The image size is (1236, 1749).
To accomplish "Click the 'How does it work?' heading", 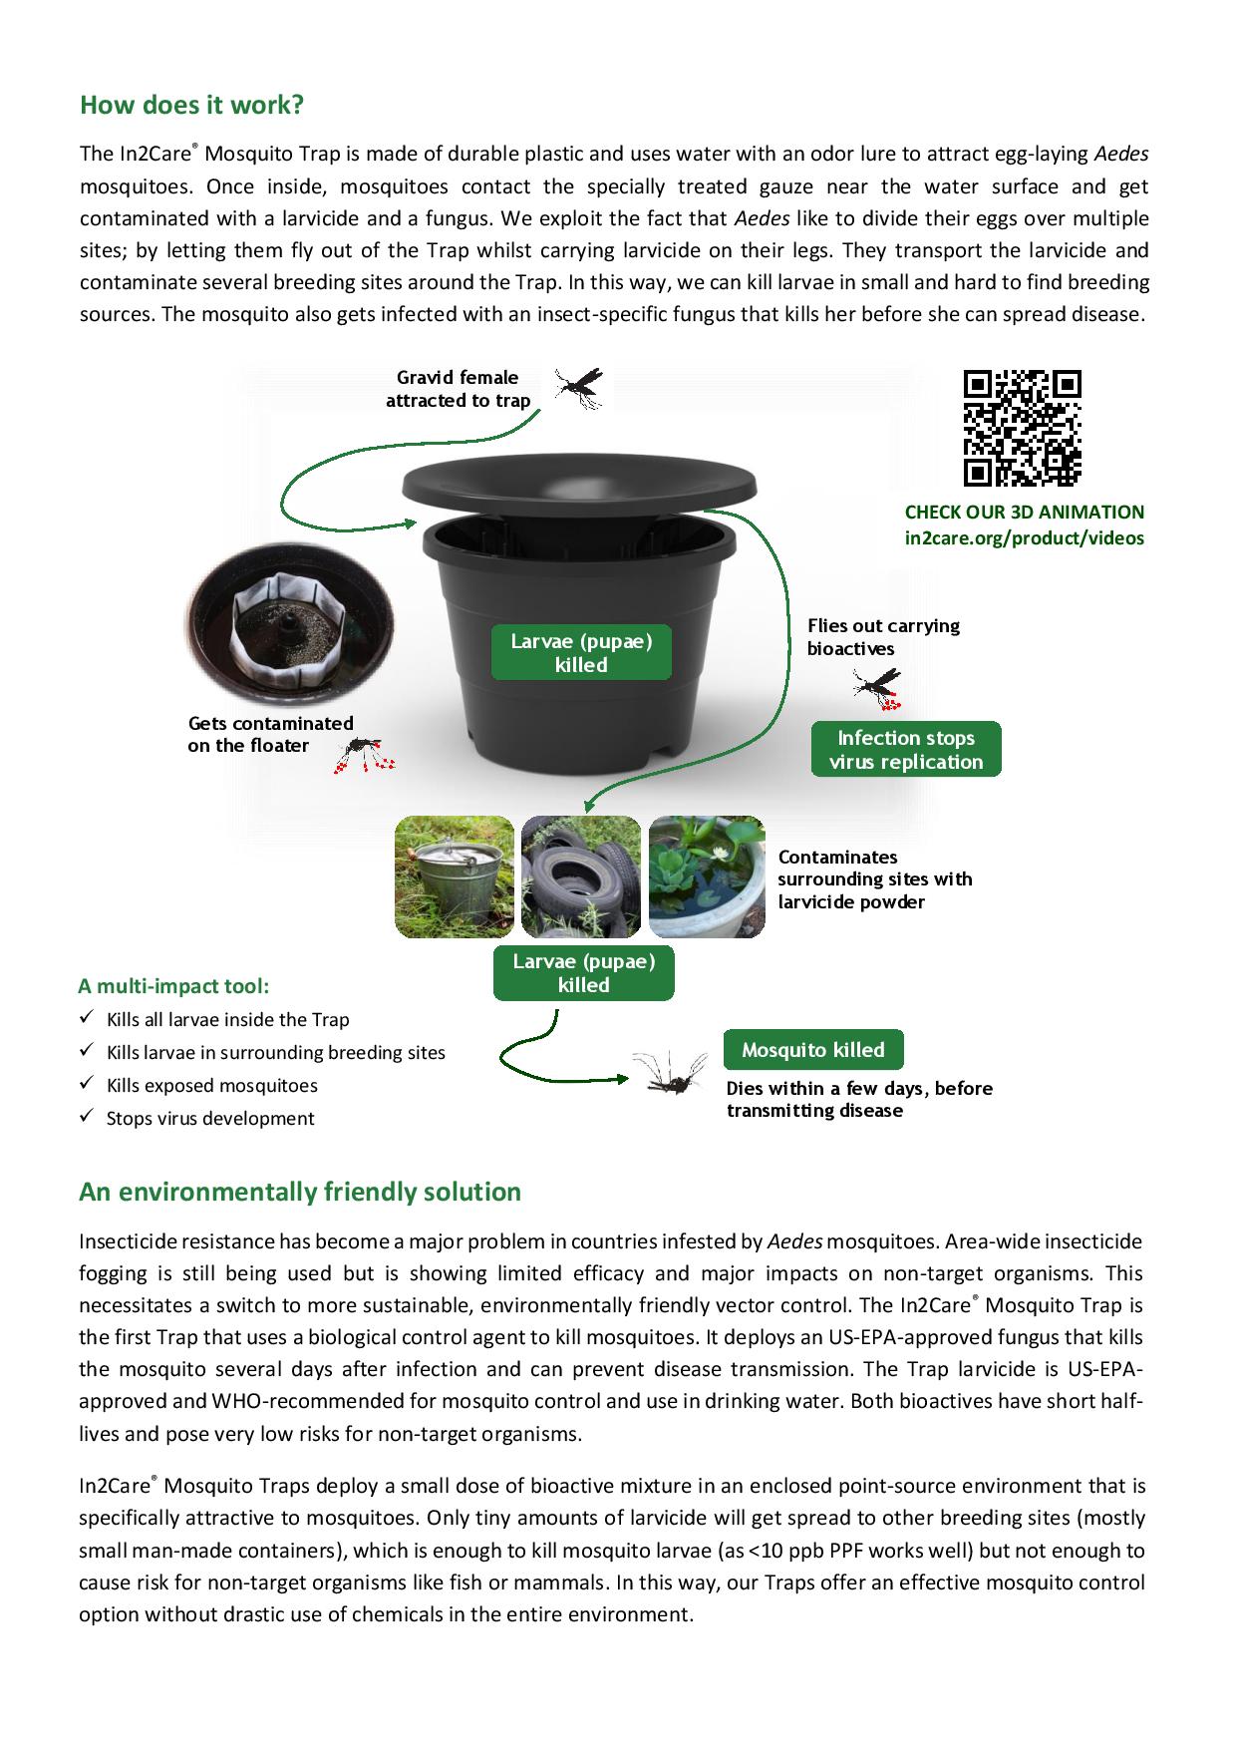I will pos(191,105).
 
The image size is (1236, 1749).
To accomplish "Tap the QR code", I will pos(1022,428).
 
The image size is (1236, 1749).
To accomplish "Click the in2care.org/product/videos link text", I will pos(1024,538).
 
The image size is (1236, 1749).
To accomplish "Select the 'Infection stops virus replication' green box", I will pos(905,750).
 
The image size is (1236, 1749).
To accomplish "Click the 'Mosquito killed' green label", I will pos(813,1050).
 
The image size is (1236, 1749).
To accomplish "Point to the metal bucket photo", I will pos(455,877).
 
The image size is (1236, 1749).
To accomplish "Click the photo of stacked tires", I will pos(581,877).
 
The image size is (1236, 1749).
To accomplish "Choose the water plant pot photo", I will pos(707,877).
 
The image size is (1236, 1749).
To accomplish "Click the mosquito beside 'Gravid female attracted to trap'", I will pos(579,387).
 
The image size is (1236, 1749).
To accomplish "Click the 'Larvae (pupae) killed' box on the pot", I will pos(581,653).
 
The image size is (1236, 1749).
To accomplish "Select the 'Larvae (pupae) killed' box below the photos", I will pos(583,973).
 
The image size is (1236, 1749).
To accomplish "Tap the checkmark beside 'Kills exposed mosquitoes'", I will pos(87,1085).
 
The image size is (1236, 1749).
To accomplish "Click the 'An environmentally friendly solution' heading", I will pos(300,1192).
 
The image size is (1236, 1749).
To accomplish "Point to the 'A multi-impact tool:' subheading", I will pos(173,986).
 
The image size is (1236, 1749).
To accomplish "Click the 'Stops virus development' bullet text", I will pos(210,1119).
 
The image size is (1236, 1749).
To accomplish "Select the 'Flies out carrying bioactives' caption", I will pos(883,637).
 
